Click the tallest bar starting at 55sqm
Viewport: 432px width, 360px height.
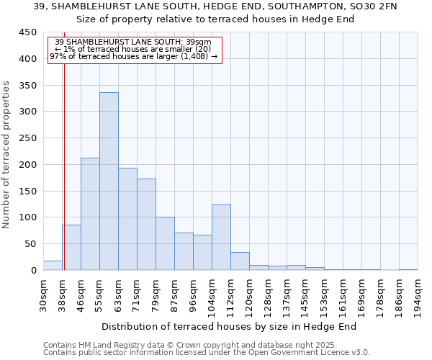point(109,181)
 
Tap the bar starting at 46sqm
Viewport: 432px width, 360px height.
point(90,214)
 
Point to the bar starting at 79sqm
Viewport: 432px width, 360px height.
point(165,243)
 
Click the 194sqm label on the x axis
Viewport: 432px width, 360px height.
point(418,295)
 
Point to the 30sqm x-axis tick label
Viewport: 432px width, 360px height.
point(43,295)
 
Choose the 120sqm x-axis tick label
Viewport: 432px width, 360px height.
point(249,295)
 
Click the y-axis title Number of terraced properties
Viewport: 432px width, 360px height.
point(6,154)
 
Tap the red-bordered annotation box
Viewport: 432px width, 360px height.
point(133,50)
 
